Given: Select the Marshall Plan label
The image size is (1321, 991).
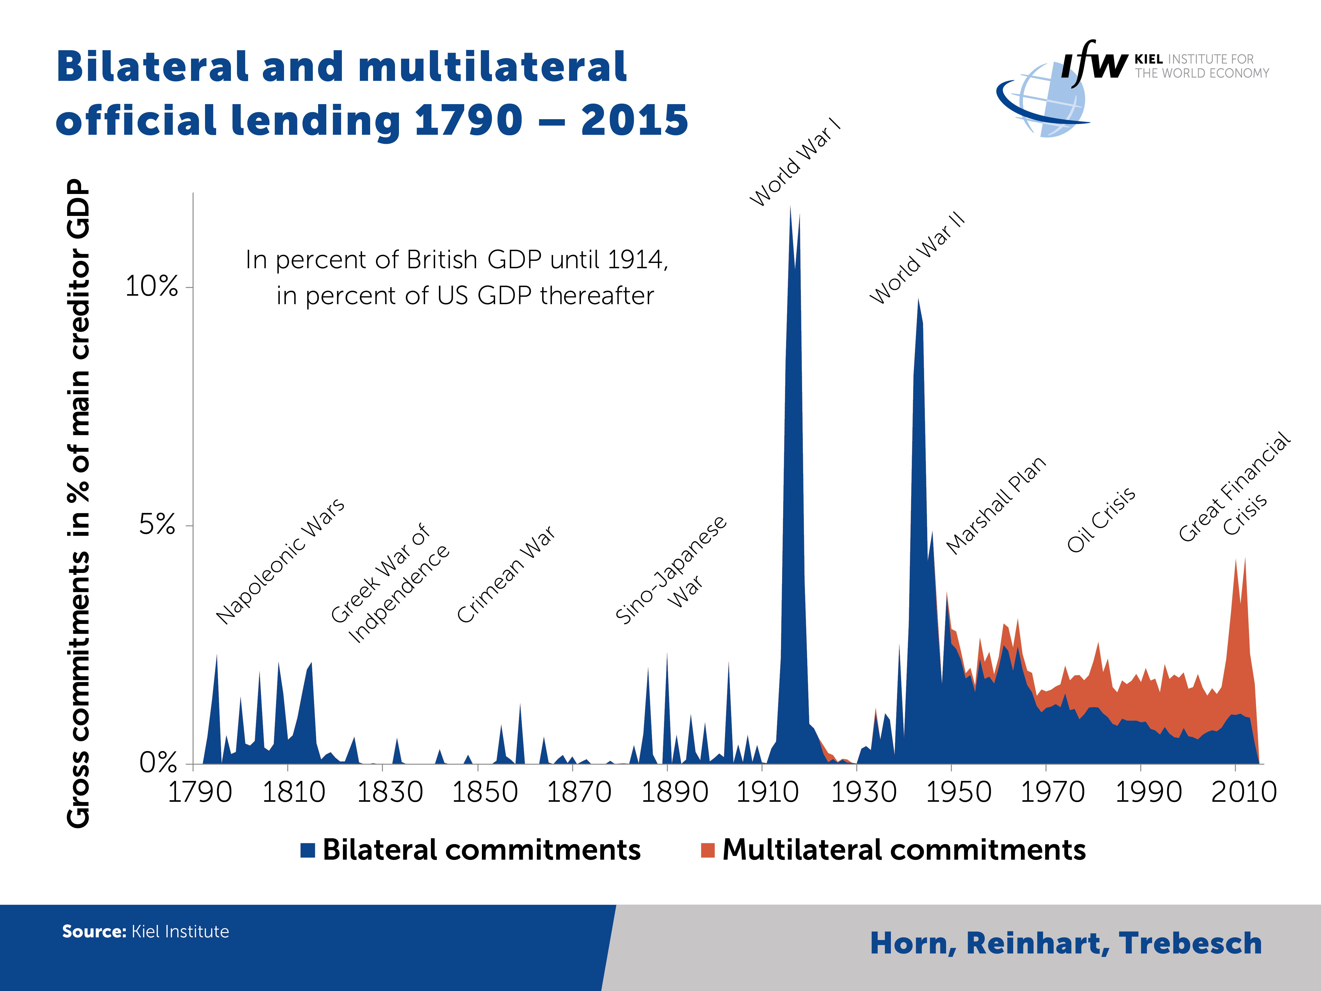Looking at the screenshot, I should point(996,505).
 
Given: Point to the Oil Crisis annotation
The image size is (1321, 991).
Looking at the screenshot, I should point(1101,520).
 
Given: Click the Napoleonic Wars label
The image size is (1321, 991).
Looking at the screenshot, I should point(280,562).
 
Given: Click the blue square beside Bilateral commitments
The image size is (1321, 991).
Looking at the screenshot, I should point(308,850).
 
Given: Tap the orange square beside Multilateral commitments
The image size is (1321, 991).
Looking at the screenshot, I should point(708,850).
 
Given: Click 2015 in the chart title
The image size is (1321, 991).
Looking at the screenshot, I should point(634,120).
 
